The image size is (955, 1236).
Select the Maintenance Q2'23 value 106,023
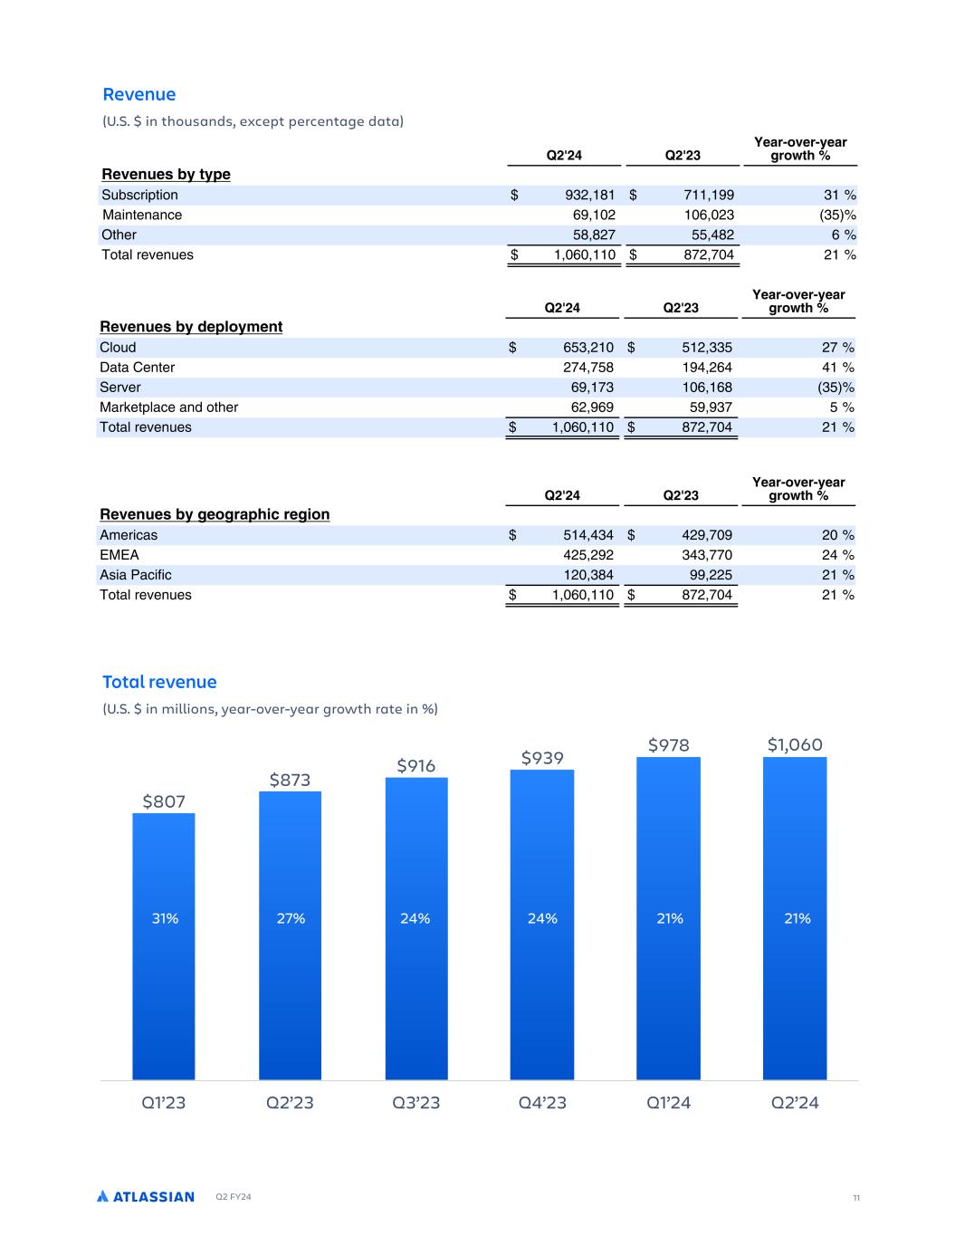point(709,216)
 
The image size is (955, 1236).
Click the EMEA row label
point(119,555)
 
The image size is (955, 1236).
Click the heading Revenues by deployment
point(191,327)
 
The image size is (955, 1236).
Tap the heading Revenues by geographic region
point(215,514)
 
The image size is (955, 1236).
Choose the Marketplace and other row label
point(168,407)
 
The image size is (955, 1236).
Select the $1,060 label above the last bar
point(795,745)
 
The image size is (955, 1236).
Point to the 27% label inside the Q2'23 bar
point(291,918)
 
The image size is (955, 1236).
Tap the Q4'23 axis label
point(542,1103)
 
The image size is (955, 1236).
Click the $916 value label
point(415,766)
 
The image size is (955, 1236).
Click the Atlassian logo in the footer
point(146,1197)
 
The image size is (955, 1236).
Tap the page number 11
point(855,1198)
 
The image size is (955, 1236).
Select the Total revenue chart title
point(159,682)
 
